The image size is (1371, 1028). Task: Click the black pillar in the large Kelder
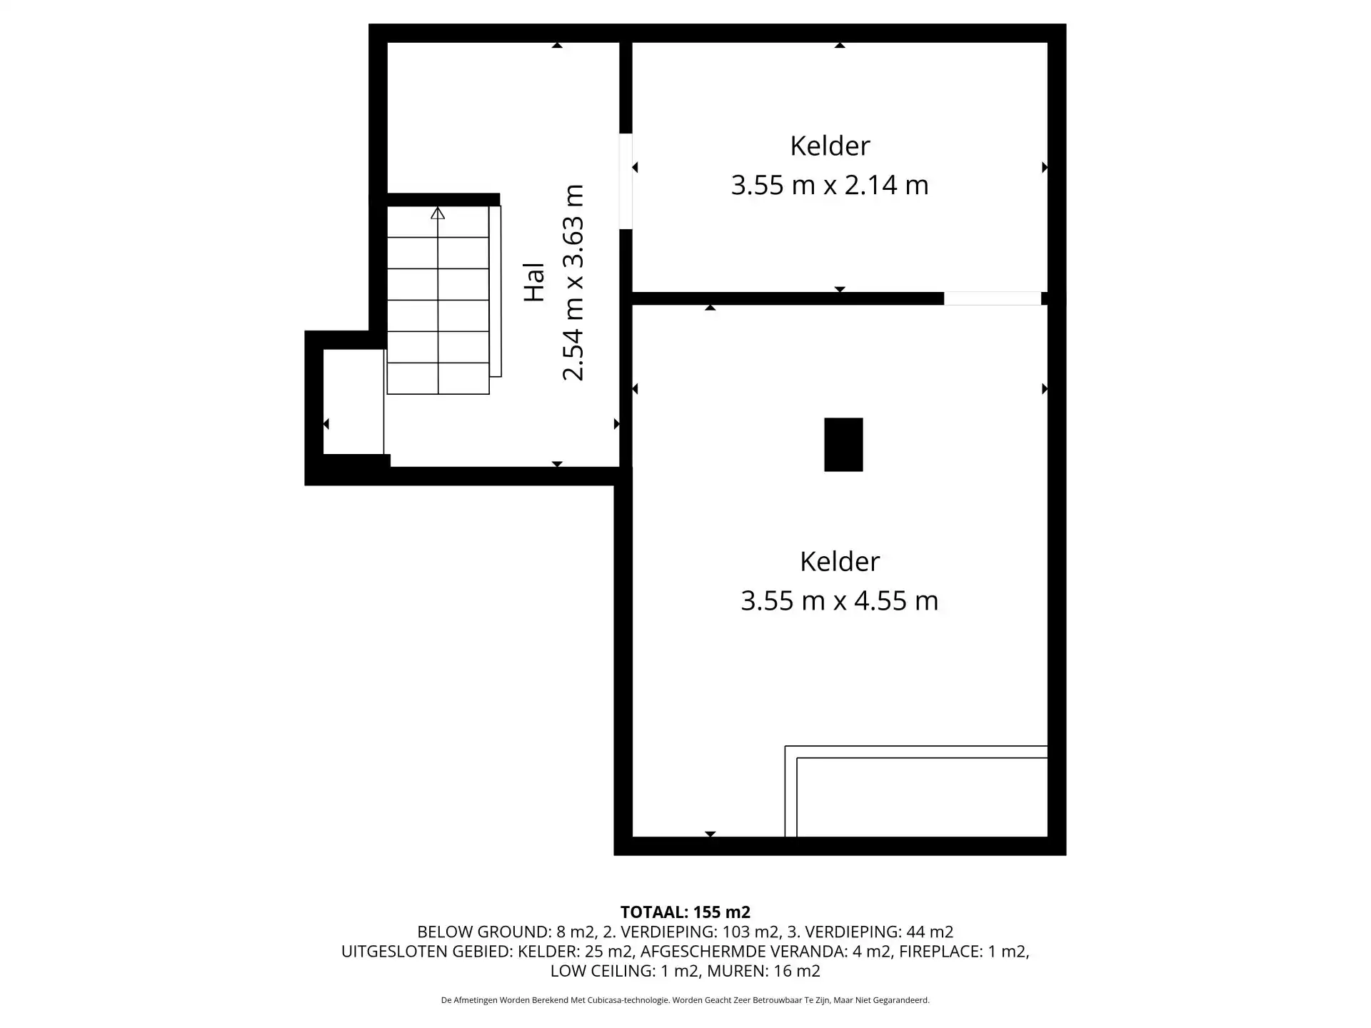(x=843, y=445)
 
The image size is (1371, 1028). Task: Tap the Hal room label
(x=534, y=282)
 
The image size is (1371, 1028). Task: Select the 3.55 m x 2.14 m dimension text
(x=830, y=185)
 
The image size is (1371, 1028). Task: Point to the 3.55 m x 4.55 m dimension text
(x=840, y=600)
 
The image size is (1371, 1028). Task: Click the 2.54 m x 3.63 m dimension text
(x=573, y=283)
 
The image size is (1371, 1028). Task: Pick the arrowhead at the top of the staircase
(x=438, y=213)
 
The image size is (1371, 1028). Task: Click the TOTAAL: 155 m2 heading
(x=685, y=912)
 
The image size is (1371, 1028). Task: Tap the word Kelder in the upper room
(x=830, y=146)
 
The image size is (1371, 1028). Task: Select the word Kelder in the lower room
(x=840, y=561)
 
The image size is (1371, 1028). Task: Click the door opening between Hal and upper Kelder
(x=626, y=181)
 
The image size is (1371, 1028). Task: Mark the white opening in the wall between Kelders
(x=993, y=298)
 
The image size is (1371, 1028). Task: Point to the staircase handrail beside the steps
(x=496, y=291)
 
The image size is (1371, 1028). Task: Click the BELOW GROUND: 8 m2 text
(x=506, y=932)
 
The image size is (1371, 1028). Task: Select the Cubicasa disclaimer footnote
(x=685, y=1000)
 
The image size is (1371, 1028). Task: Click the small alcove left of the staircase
(x=353, y=401)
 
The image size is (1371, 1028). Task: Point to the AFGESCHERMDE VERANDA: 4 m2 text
(x=765, y=951)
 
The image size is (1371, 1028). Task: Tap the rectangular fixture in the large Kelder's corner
(x=916, y=791)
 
